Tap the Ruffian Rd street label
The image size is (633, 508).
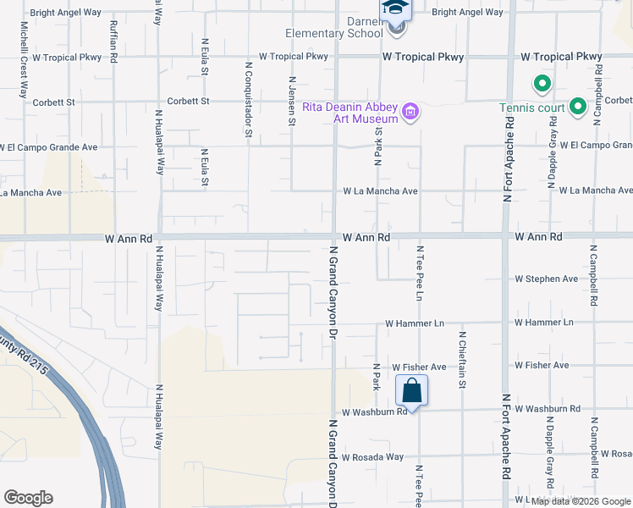tap(113, 39)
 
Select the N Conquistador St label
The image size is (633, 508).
tap(249, 98)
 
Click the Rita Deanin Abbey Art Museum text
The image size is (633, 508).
tap(350, 113)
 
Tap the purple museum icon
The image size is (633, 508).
tap(411, 112)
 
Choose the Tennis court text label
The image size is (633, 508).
tap(531, 108)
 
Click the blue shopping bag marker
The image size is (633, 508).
tap(411, 391)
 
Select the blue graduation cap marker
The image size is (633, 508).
tap(394, 8)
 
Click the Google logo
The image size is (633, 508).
tap(29, 498)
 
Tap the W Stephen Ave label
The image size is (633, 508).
tap(547, 279)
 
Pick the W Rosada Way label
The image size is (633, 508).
tap(372, 456)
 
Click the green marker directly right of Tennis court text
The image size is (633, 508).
tap(577, 107)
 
